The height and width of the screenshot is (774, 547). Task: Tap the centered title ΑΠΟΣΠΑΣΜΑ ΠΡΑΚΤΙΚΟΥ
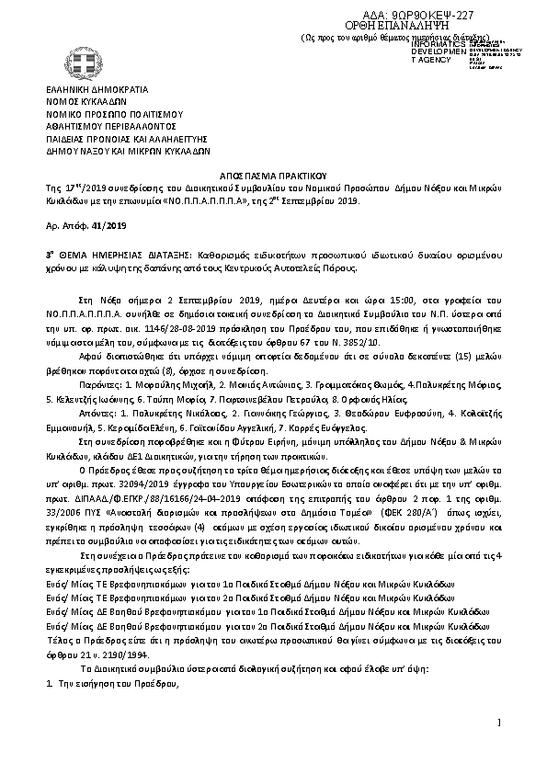pyautogui.click(x=272, y=175)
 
